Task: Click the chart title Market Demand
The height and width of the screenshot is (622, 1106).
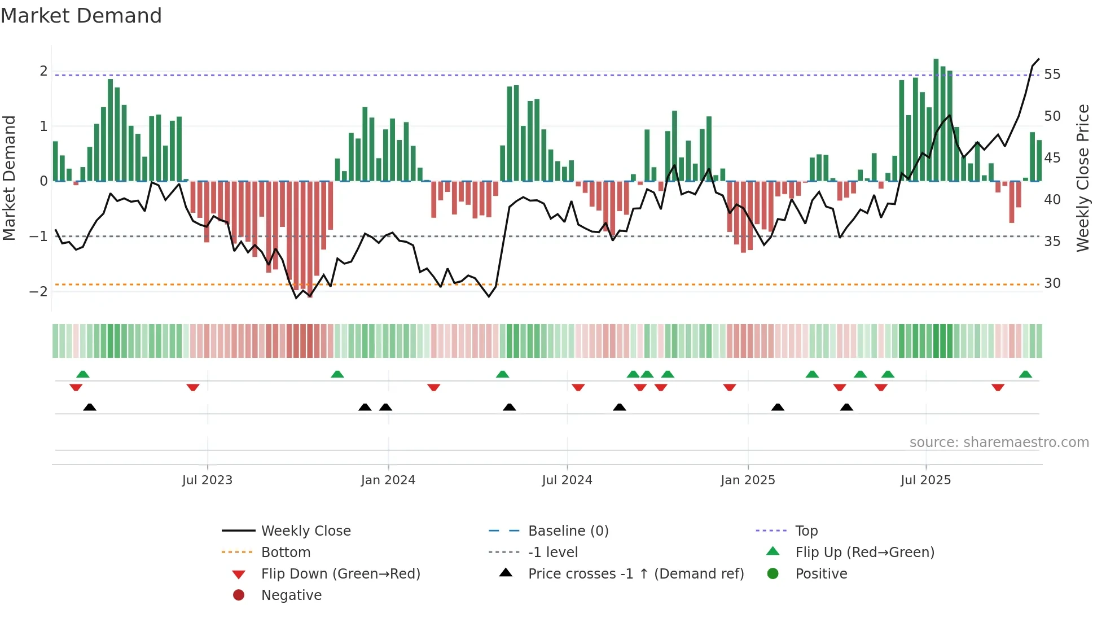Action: [x=81, y=16]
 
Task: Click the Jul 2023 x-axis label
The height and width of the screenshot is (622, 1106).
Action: [x=207, y=480]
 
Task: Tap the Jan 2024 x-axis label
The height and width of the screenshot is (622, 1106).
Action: [x=388, y=480]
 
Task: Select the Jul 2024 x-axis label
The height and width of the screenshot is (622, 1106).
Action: [x=567, y=480]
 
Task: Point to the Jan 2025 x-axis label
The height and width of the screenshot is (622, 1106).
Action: [x=748, y=480]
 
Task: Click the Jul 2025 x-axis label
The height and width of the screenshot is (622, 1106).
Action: [x=926, y=480]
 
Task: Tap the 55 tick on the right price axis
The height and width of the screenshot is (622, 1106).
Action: [x=1052, y=75]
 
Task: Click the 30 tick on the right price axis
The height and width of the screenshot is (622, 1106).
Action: [x=1052, y=283]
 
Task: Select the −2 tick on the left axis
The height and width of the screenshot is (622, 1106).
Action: [x=38, y=292]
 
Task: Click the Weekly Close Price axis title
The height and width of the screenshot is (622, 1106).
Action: [x=1082, y=178]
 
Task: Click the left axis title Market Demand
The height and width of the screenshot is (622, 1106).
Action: [x=9, y=178]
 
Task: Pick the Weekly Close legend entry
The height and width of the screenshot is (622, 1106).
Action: [x=306, y=531]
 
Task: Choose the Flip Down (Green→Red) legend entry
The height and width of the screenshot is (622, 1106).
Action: [x=340, y=574]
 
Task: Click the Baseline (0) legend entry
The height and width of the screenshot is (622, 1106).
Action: [x=568, y=531]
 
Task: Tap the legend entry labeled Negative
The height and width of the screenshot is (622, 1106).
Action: [x=291, y=595]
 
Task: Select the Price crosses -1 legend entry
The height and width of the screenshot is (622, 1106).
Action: [x=636, y=574]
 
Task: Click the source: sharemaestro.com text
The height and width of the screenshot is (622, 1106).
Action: [x=999, y=443]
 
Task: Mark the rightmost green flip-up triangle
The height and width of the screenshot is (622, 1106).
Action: [x=1025, y=374]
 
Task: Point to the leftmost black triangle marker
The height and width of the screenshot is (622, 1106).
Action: [x=90, y=408]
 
